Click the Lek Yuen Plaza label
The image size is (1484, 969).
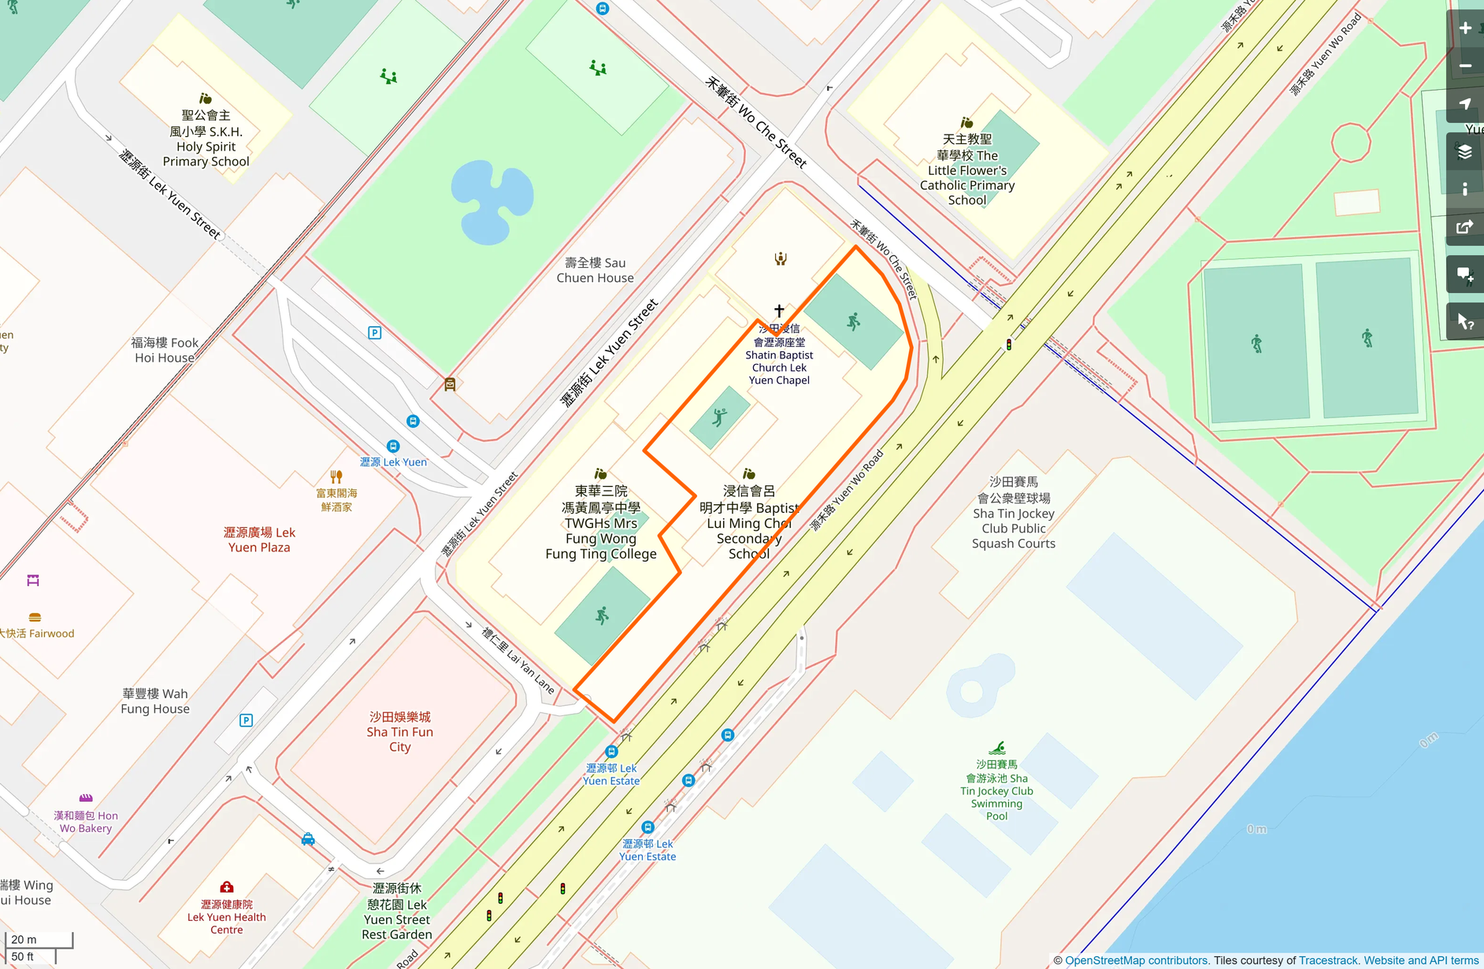pyautogui.click(x=259, y=540)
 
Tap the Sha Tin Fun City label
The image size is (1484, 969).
pyautogui.click(x=399, y=732)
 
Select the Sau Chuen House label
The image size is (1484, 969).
pyautogui.click(x=595, y=270)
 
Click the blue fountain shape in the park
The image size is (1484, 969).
pyautogui.click(x=492, y=202)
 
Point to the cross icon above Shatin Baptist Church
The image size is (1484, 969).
pyautogui.click(x=779, y=311)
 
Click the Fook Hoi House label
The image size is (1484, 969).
pyautogui.click(x=165, y=350)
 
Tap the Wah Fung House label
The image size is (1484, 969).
pyautogui.click(x=155, y=701)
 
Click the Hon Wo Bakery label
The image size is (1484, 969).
pyautogui.click(x=86, y=822)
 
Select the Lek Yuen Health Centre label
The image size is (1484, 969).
pyautogui.click(x=227, y=917)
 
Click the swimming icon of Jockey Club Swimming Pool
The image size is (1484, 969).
pyautogui.click(x=997, y=748)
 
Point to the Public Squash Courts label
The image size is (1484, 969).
pyautogui.click(x=1013, y=513)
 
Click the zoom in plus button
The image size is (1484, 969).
pyautogui.click(x=1465, y=28)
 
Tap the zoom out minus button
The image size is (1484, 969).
pyautogui.click(x=1465, y=66)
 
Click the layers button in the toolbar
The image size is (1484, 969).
pyautogui.click(x=1465, y=151)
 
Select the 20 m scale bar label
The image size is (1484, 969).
pyautogui.click(x=24, y=939)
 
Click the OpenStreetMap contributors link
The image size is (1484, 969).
pyautogui.click(x=1136, y=960)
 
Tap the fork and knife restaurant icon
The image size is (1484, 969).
pyautogui.click(x=336, y=477)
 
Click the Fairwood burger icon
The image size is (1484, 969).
pyautogui.click(x=35, y=618)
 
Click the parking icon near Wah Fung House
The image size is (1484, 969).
pyautogui.click(x=246, y=720)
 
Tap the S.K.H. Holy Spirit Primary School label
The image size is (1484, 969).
pyautogui.click(x=206, y=139)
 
